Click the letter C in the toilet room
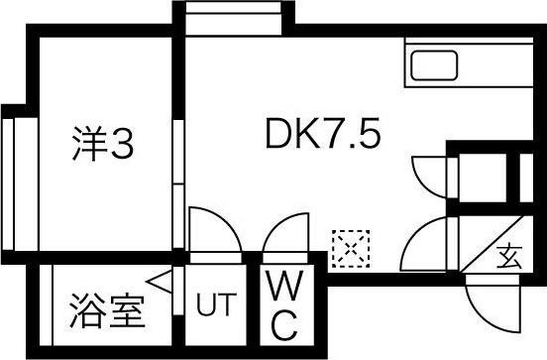286,322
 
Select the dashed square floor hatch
350,247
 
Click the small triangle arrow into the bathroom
162,287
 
